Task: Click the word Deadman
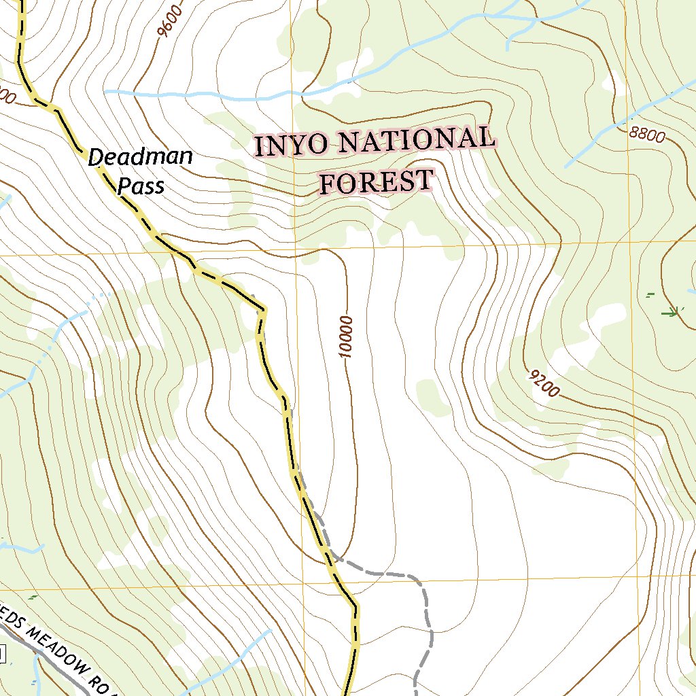coord(141,158)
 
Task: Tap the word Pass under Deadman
coord(141,185)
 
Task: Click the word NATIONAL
coord(415,140)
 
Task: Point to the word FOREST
coord(376,182)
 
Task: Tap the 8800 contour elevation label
coord(646,135)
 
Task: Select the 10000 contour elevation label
coord(346,336)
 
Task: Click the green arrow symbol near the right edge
coord(672,313)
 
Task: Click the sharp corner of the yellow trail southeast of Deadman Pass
coord(263,311)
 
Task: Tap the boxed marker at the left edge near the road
coord(2,655)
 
